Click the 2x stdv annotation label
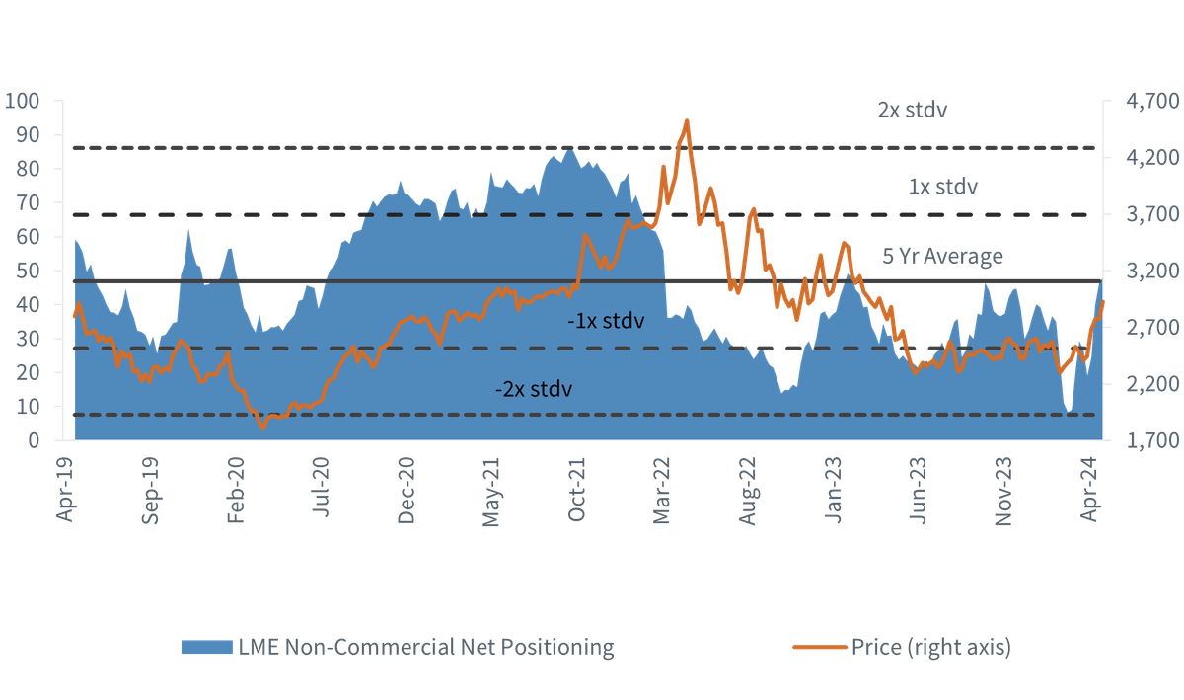point(913,110)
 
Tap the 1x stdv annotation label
point(943,187)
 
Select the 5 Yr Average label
point(942,256)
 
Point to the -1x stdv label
point(606,321)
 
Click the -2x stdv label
point(534,389)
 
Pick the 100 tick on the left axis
point(22,101)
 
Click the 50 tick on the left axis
point(28,271)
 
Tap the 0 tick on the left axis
point(34,440)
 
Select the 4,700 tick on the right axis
point(1152,101)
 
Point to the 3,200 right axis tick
point(1152,271)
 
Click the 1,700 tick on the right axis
point(1152,440)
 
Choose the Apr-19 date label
point(64,490)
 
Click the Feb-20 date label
point(235,490)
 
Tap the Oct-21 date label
point(576,490)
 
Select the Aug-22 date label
point(748,491)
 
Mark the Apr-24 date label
point(1089,489)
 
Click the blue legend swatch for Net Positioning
point(206,647)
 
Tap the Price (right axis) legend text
point(931,647)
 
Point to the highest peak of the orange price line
point(687,120)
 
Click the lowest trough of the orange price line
point(263,428)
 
